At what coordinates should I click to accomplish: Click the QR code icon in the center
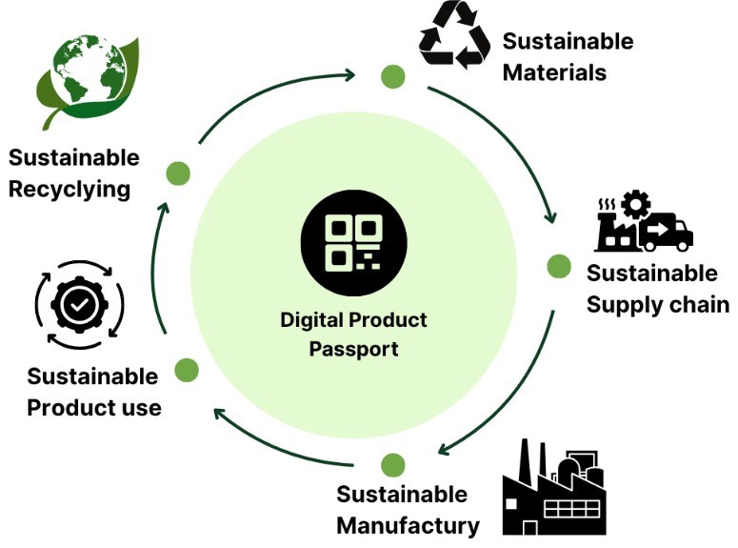[353, 242]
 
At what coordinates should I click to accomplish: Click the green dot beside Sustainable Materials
[392, 76]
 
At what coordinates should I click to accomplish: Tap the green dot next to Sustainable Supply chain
[559, 266]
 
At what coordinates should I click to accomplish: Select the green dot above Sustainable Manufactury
[392, 465]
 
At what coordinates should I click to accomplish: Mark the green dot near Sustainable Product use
[187, 370]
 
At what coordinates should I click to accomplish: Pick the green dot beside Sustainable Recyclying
[178, 173]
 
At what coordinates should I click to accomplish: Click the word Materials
[554, 72]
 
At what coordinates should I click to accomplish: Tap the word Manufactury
[408, 525]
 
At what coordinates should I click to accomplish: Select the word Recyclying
[70, 189]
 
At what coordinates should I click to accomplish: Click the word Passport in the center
[352, 349]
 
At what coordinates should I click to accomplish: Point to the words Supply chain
[657, 305]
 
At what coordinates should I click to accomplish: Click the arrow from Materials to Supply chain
[514, 143]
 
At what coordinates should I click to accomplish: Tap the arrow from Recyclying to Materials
[276, 95]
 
